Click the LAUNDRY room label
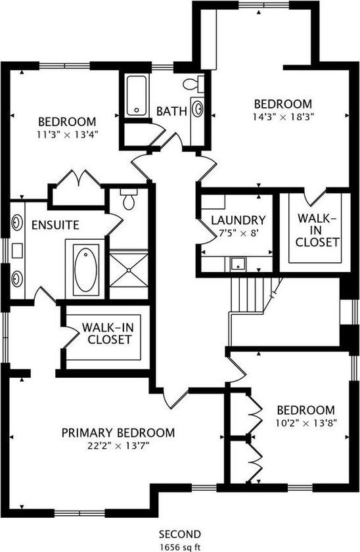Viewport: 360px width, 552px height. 238,220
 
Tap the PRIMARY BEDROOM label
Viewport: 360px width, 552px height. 118,432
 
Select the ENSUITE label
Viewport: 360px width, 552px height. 56,225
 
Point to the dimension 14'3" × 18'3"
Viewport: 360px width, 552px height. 283,117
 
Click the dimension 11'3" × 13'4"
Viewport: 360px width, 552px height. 67,135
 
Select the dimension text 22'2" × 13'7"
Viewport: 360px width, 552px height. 119,446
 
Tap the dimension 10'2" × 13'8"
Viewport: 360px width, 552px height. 306,423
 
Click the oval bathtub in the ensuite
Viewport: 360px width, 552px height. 85,269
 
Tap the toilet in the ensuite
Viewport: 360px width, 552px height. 129,199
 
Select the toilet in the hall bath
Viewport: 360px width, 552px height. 194,84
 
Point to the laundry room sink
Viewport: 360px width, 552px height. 238,264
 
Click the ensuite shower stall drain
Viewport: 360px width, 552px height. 129,270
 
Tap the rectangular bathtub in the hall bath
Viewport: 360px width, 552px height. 137,96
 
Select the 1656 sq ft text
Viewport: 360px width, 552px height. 180,547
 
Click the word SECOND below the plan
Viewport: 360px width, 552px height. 180,534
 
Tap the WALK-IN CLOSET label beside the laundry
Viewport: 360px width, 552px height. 317,230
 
